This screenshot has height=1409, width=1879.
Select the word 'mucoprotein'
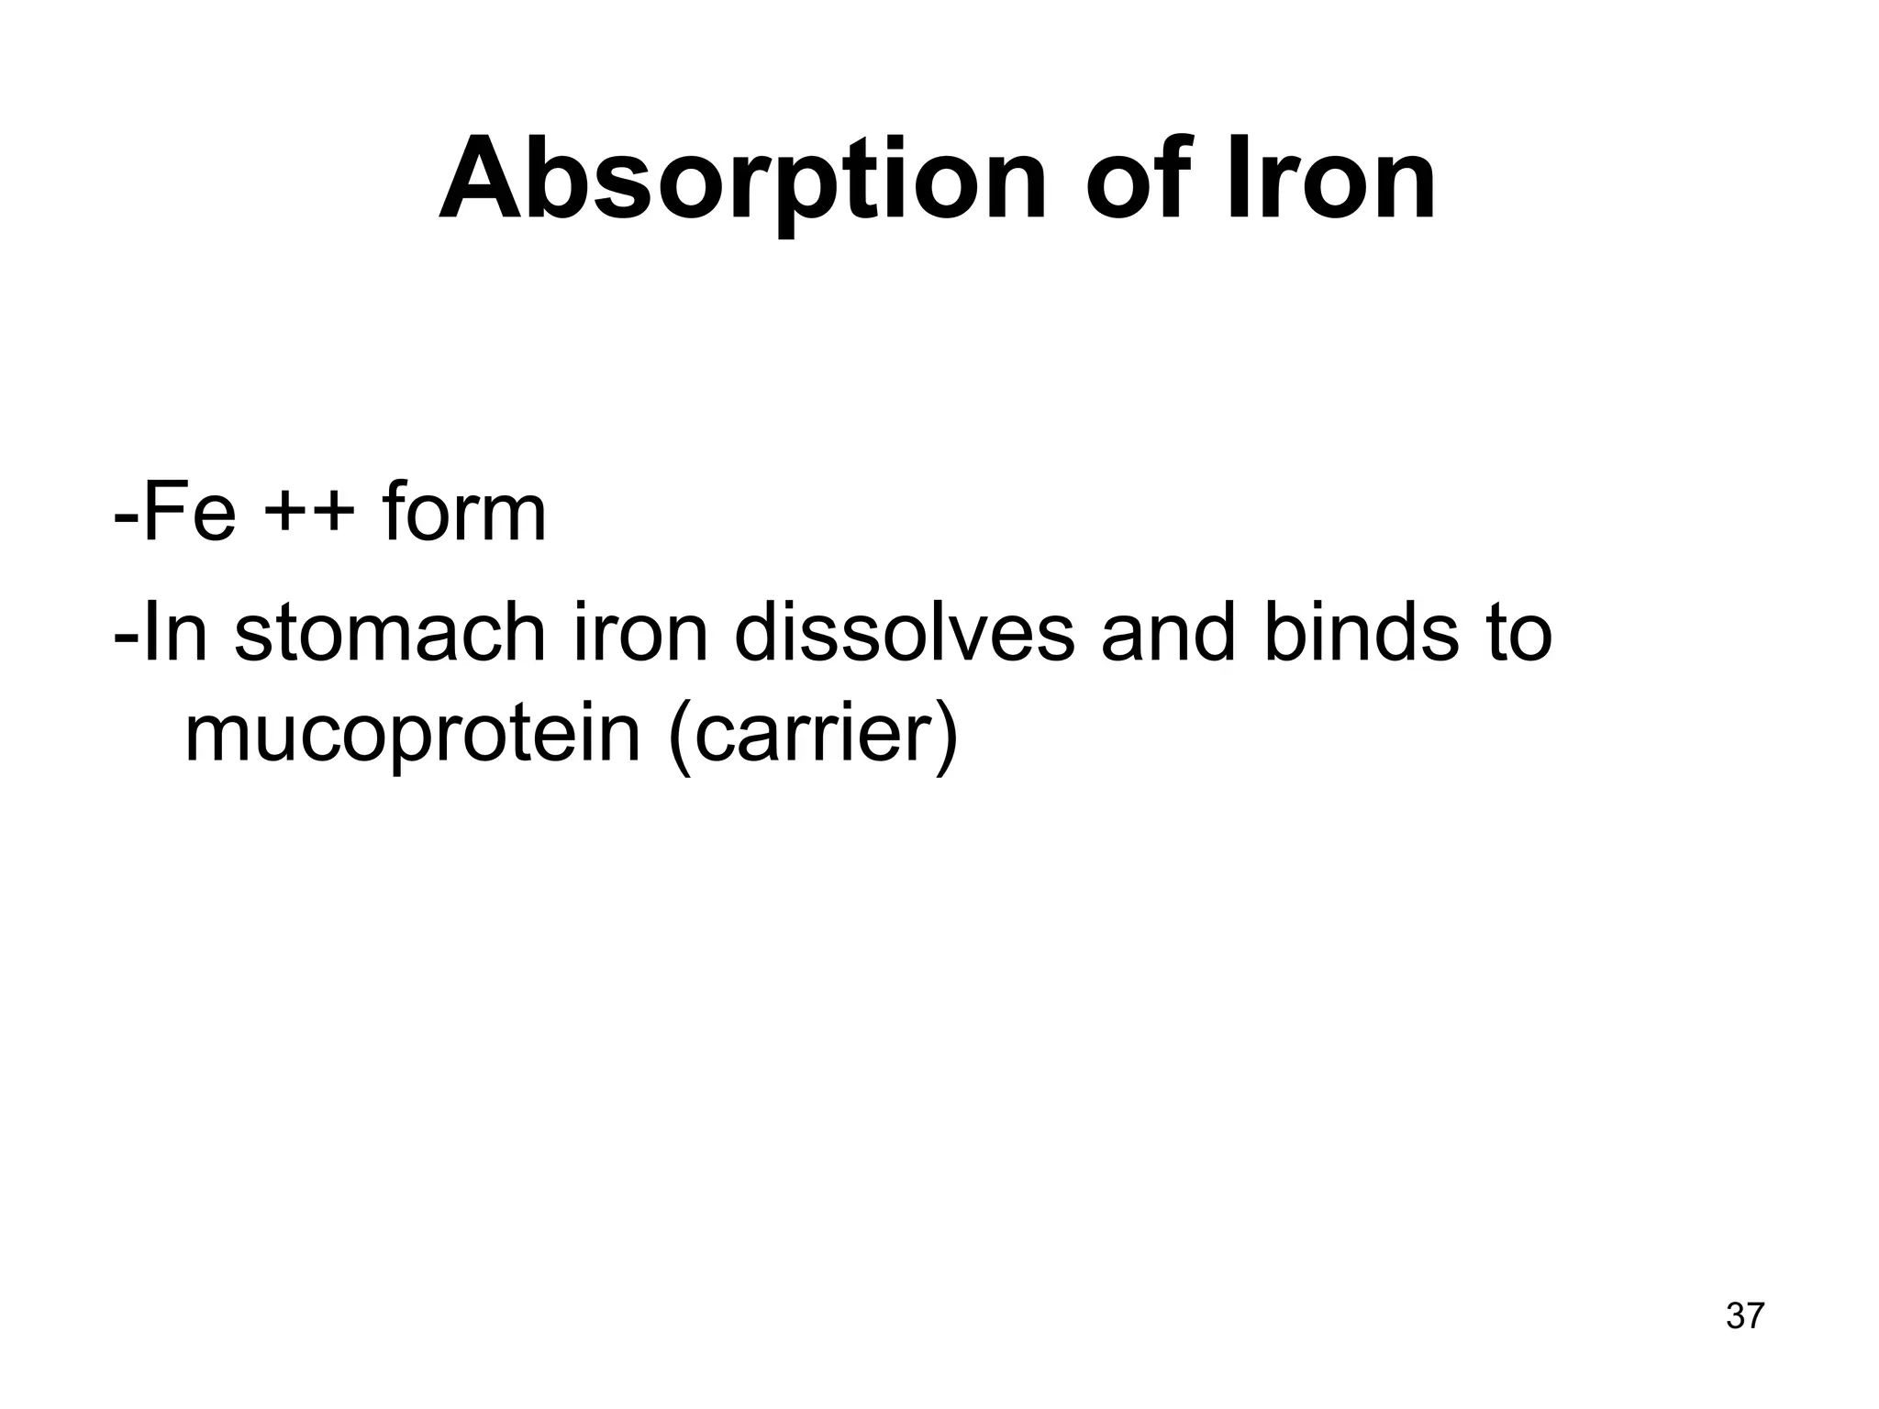pyautogui.click(x=412, y=737)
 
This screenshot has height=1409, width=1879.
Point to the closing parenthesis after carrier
pyautogui.click(x=946, y=737)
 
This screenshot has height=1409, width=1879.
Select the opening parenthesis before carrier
pyautogui.click(x=680, y=737)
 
